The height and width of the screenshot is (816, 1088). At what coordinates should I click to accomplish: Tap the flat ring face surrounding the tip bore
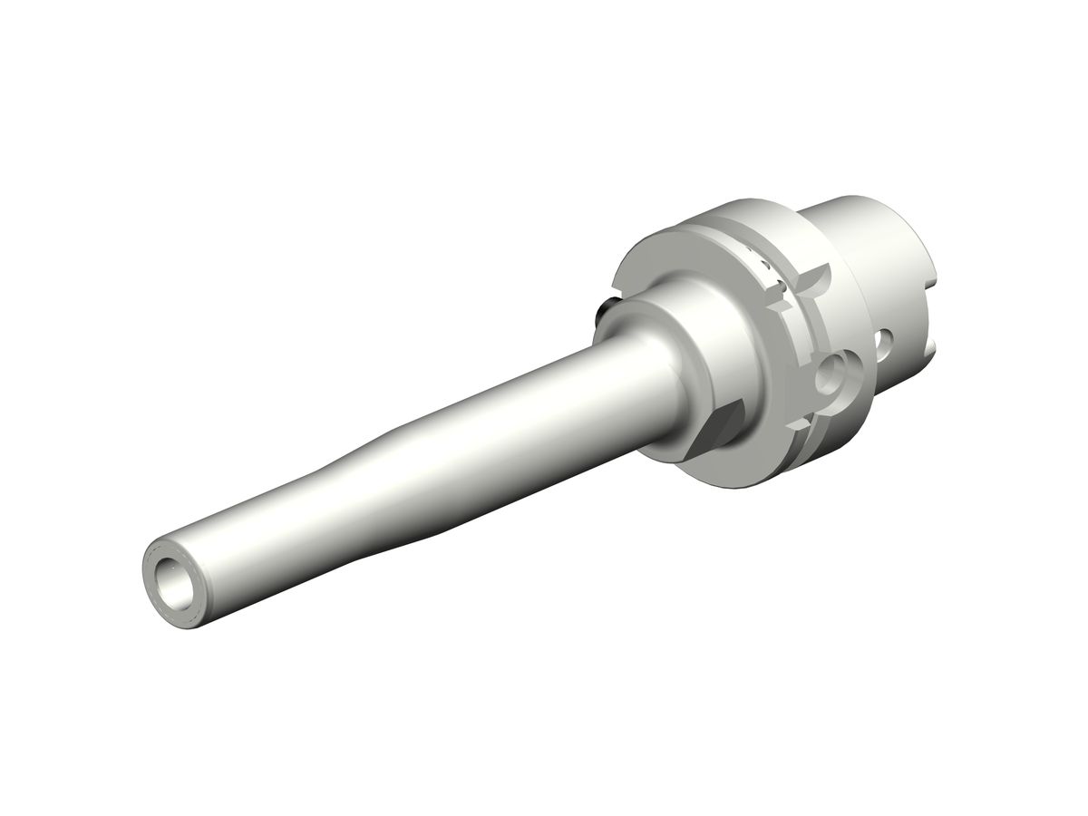point(155,562)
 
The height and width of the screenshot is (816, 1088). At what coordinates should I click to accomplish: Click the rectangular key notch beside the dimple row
point(779,290)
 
